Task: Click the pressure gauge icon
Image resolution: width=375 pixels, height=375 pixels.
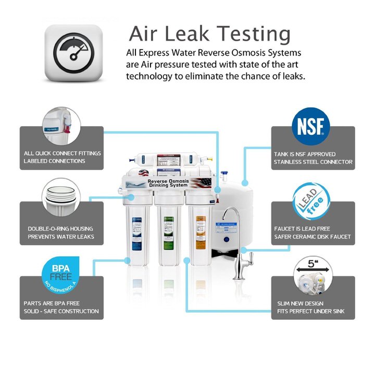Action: pos(73,53)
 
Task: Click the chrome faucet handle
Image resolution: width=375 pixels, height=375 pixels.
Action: pos(249,258)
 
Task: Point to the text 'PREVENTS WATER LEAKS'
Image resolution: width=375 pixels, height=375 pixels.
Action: pos(61,237)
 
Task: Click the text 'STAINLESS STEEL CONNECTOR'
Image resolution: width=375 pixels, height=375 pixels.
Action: pos(313,162)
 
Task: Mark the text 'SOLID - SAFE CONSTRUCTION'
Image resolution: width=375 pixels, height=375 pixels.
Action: pos(61,311)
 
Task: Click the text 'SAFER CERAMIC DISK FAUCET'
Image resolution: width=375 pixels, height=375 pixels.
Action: pos(312,237)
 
